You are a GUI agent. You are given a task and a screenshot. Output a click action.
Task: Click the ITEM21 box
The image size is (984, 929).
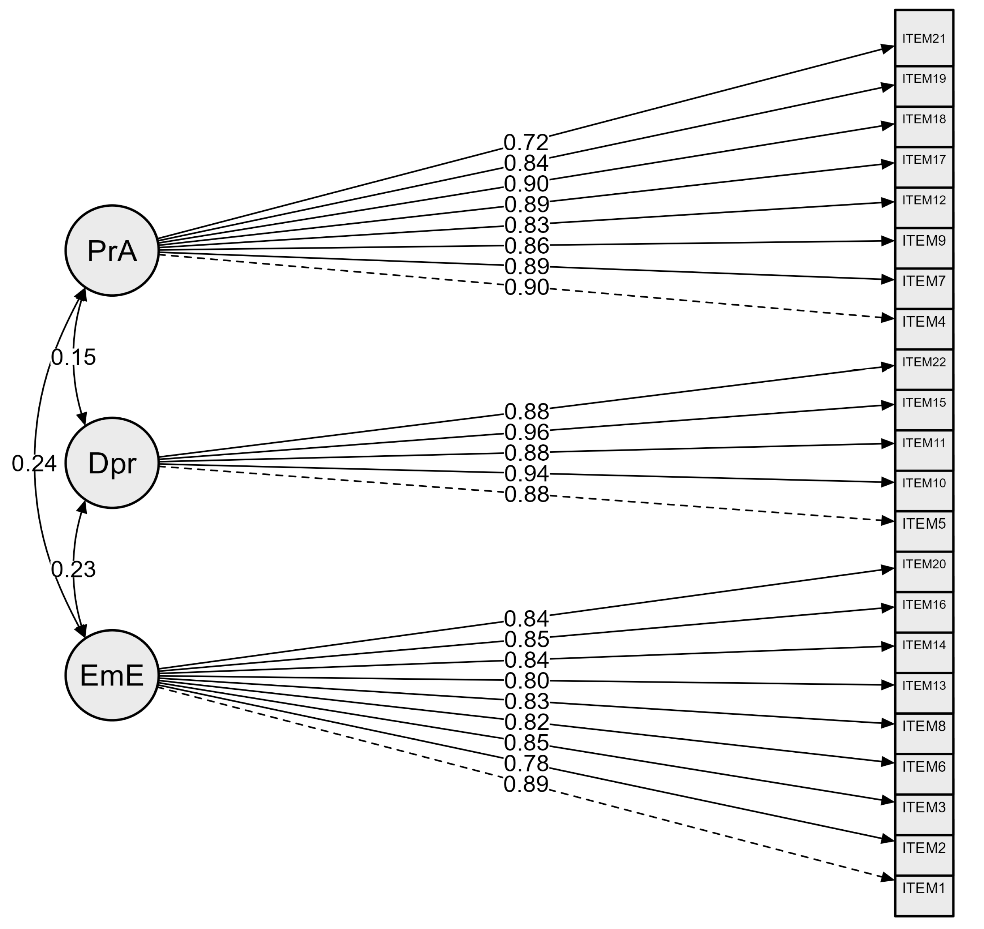pyautogui.click(x=924, y=38)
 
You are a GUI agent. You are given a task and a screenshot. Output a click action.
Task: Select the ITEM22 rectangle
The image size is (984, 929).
pyautogui.click(x=924, y=369)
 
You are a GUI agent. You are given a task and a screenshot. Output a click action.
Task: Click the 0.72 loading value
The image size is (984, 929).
pyautogui.click(x=526, y=143)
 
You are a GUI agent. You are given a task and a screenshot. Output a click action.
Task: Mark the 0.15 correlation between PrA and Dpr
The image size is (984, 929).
pyautogui.click(x=73, y=357)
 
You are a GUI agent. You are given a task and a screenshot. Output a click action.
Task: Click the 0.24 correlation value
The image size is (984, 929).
pyautogui.click(x=34, y=464)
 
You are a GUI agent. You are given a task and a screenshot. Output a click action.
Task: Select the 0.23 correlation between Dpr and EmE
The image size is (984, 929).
pyautogui.click(x=73, y=569)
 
